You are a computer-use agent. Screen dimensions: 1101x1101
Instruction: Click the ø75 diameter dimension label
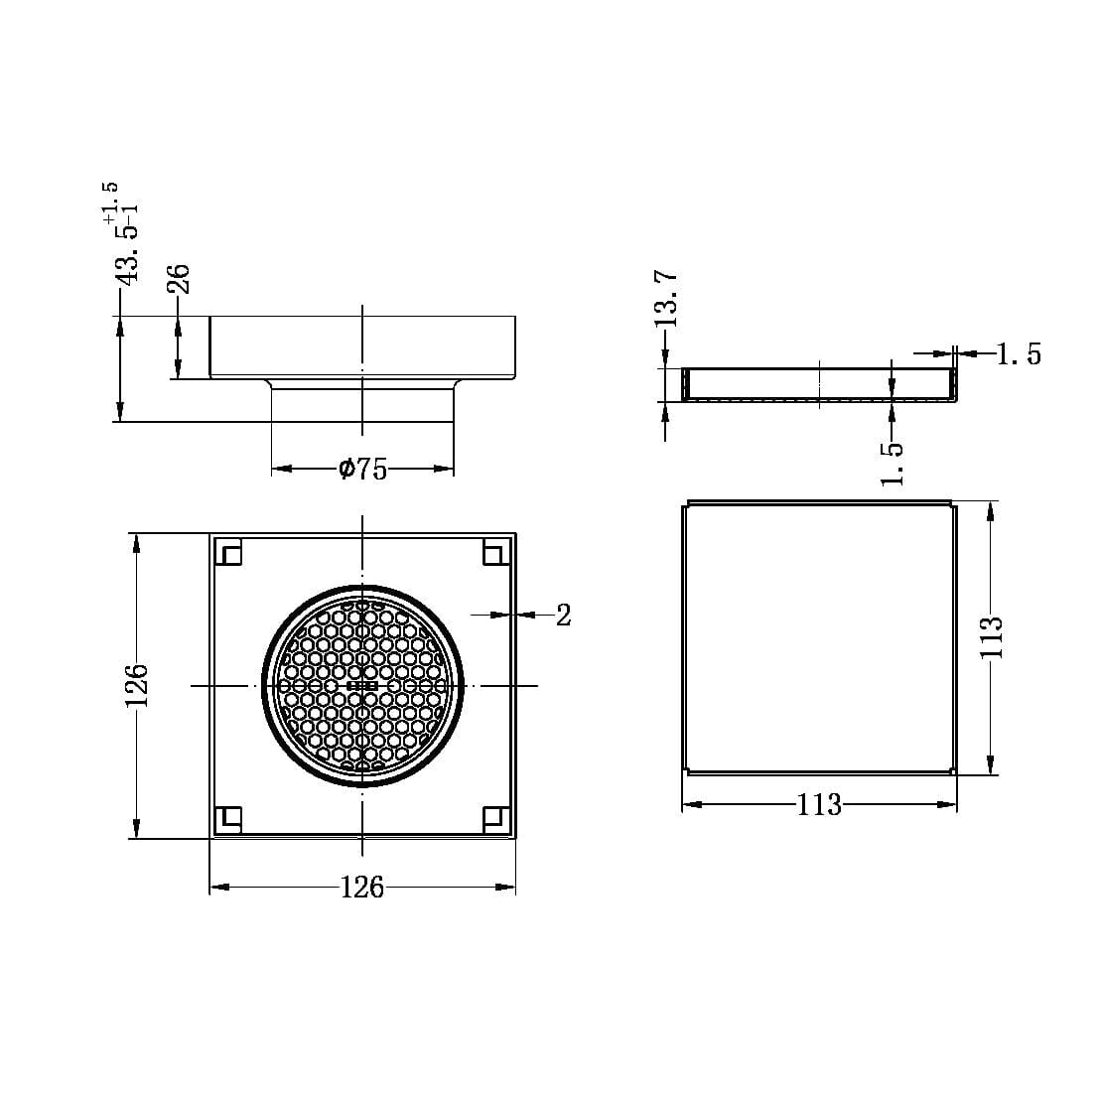362,469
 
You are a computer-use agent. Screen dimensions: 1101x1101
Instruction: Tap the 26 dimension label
179,278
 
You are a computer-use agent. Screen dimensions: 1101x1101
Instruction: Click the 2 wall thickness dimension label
563,616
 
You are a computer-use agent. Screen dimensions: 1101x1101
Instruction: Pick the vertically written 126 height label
136,686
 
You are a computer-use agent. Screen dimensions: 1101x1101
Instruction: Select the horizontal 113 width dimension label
819,804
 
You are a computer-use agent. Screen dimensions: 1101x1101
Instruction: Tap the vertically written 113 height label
991,637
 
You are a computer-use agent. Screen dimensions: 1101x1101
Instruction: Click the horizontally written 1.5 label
1019,354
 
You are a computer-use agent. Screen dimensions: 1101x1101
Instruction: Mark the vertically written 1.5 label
893,463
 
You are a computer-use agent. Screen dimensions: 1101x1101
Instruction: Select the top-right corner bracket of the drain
495,552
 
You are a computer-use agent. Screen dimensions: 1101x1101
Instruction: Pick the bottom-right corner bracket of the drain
495,818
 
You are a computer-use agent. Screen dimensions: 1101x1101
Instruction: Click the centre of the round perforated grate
362,686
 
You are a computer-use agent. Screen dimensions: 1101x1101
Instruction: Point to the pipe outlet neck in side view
362,402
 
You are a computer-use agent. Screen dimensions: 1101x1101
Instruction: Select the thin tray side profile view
820,384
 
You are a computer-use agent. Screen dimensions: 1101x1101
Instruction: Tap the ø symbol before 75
346,469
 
